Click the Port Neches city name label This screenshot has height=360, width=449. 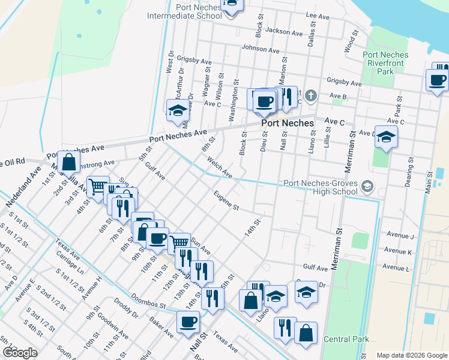[x=288, y=123]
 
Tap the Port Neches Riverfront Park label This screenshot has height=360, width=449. [x=386, y=63]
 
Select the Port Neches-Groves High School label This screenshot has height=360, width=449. [x=320, y=187]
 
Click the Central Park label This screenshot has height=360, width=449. [x=346, y=339]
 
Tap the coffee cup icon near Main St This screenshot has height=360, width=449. [x=436, y=80]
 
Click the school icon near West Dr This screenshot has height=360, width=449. [x=177, y=111]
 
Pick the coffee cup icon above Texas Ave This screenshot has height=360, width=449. [x=187, y=322]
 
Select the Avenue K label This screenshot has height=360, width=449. [x=397, y=251]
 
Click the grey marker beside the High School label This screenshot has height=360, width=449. [x=366, y=188]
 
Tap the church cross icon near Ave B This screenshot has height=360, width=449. [x=310, y=95]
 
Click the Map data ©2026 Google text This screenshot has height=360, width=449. [x=411, y=355]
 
